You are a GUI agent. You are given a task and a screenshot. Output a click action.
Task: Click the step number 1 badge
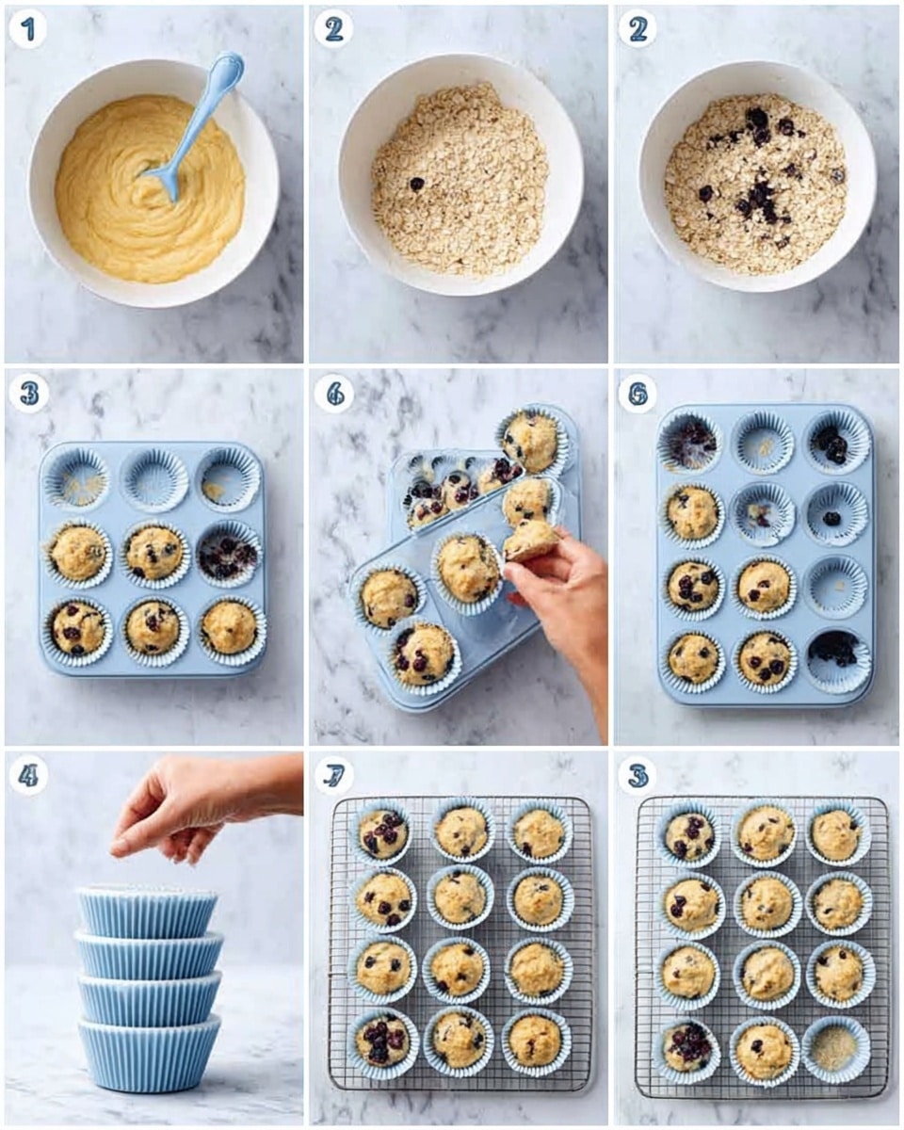(27, 30)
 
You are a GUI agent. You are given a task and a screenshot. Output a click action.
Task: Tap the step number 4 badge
(27, 776)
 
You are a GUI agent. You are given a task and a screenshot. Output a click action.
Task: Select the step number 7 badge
(333, 776)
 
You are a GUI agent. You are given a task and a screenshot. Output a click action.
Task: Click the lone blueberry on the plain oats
(416, 184)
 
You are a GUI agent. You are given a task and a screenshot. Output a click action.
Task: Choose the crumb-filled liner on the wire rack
(835, 1048)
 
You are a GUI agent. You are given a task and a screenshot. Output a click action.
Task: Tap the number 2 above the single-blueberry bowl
(333, 30)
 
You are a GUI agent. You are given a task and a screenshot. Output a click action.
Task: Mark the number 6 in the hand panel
(333, 393)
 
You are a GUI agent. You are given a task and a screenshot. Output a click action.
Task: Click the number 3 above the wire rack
(638, 776)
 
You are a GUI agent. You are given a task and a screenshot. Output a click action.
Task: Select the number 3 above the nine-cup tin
(27, 393)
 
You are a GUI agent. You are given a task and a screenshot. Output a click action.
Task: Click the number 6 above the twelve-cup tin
(638, 393)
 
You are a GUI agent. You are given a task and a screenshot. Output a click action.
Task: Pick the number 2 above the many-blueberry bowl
(638, 30)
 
